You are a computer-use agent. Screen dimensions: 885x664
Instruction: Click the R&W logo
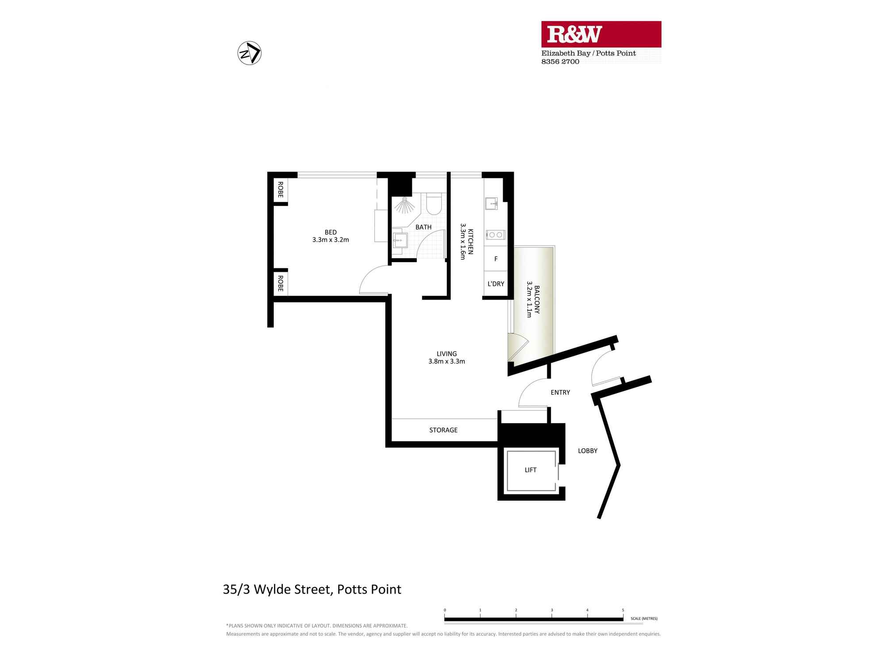pyautogui.click(x=601, y=34)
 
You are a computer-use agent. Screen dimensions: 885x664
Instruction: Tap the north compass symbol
pyautogui.click(x=250, y=53)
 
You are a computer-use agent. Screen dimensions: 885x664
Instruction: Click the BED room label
pyautogui.click(x=331, y=232)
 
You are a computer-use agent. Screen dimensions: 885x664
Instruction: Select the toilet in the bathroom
pyautogui.click(x=434, y=204)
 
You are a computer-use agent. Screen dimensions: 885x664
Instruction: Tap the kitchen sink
pyautogui.click(x=492, y=204)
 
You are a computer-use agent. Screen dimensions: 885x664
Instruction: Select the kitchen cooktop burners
pyautogui.click(x=495, y=235)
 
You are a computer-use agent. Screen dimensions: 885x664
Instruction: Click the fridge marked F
pyautogui.click(x=496, y=259)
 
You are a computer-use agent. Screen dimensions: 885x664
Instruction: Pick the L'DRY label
pyautogui.click(x=496, y=284)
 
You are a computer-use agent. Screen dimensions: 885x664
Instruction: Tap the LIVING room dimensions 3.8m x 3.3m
pyautogui.click(x=446, y=361)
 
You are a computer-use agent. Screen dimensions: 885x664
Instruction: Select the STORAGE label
pyautogui.click(x=443, y=430)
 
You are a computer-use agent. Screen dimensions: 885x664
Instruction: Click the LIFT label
pyautogui.click(x=531, y=470)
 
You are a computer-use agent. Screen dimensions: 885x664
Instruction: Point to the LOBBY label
pyautogui.click(x=588, y=451)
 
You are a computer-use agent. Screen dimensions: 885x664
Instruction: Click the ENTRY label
pyautogui.click(x=560, y=392)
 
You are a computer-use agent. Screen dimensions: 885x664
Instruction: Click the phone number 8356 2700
pyautogui.click(x=560, y=62)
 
